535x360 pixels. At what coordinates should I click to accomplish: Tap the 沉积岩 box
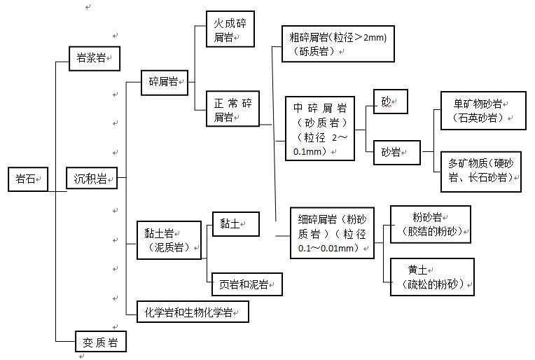point(92,179)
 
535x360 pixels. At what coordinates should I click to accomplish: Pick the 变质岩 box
point(101,342)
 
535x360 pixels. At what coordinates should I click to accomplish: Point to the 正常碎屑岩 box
point(232,109)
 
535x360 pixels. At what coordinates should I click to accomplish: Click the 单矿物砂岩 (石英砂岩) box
point(482,110)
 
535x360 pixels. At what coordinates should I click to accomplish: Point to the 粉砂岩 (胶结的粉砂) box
point(430,224)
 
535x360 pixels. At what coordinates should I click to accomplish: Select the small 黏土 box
point(235,223)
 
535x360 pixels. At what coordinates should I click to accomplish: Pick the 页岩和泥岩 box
point(246,284)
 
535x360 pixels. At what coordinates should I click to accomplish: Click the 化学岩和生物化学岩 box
point(193,311)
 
